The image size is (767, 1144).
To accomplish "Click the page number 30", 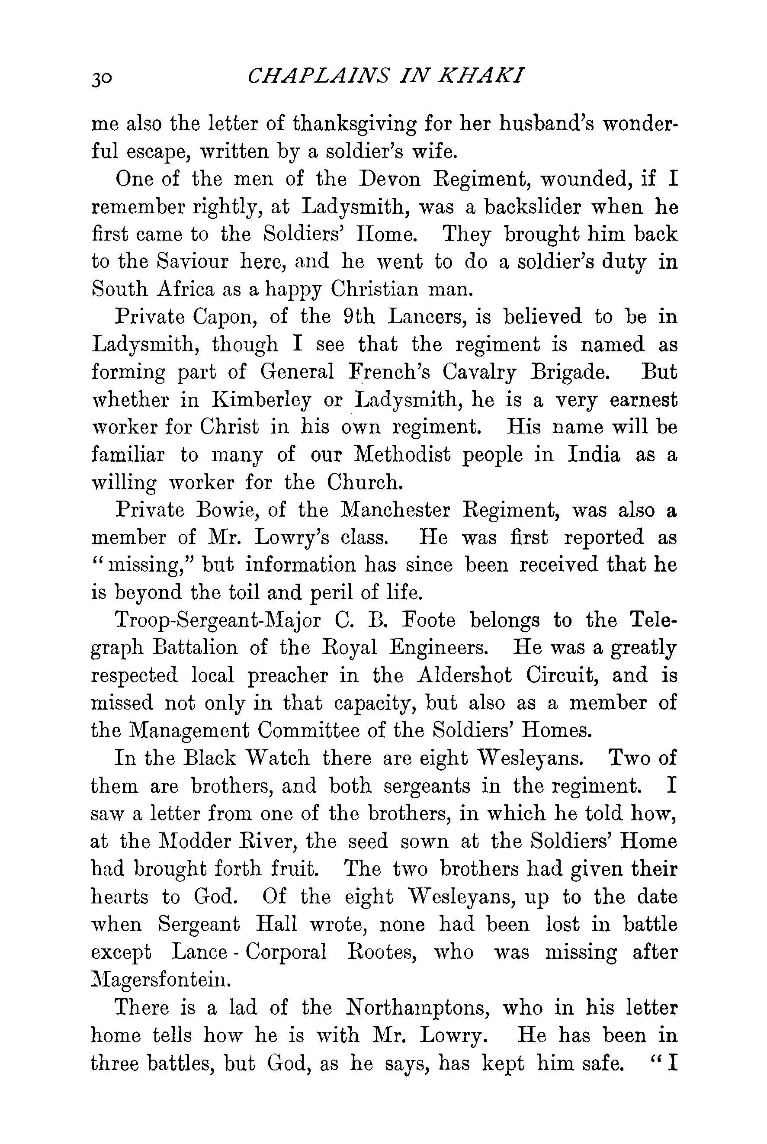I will (102, 78).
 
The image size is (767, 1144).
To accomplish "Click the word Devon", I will (389, 180).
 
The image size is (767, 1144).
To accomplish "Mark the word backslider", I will (532, 207).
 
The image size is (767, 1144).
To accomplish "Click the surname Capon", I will (225, 317).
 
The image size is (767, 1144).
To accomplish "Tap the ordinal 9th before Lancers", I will (356, 316).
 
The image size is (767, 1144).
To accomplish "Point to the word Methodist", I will (401, 455).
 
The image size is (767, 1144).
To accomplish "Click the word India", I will (594, 455).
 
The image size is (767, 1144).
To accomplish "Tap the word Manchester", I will (394, 510).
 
